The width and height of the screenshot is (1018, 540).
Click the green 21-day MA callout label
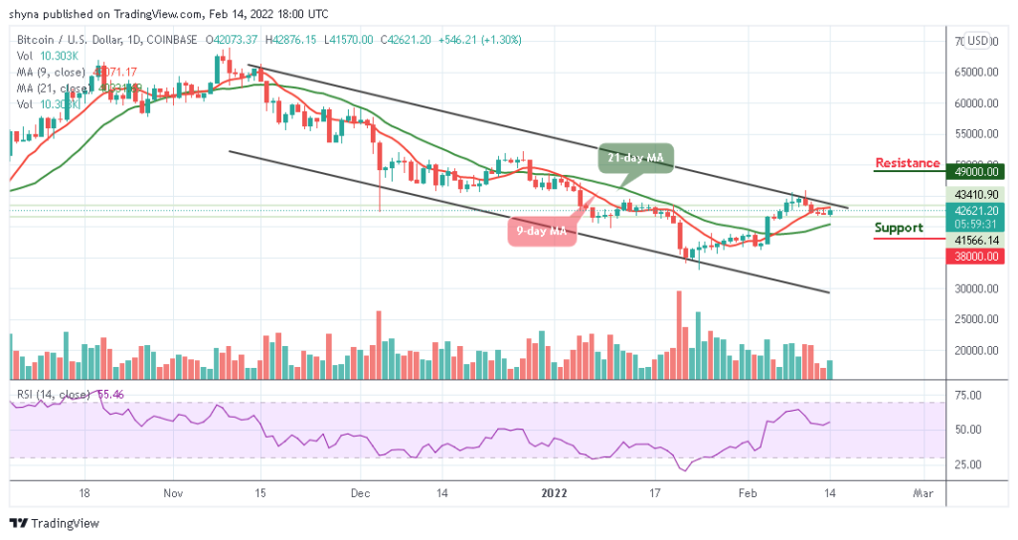(636, 157)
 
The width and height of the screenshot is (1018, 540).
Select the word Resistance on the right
(907, 163)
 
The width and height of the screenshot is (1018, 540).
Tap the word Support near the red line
(899, 228)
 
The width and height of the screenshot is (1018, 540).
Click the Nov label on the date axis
(173, 492)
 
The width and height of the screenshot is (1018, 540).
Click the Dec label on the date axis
(361, 492)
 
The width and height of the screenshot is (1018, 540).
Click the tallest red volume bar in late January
(679, 334)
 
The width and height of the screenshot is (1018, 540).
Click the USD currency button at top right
(978, 41)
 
